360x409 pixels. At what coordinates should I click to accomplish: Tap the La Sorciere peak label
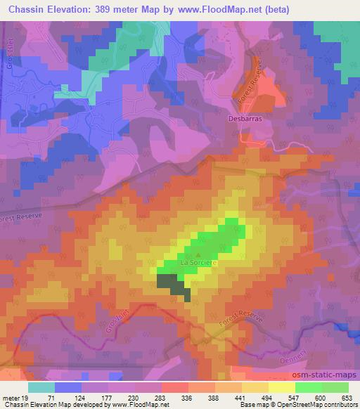click(200, 263)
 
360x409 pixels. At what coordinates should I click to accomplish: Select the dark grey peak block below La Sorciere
click(169, 282)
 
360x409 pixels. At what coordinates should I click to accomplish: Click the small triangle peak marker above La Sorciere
click(198, 254)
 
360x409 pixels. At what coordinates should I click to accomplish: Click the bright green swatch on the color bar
click(309, 387)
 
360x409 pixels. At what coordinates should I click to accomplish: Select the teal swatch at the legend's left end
click(41, 387)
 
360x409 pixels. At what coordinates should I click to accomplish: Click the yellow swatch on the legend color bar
click(282, 387)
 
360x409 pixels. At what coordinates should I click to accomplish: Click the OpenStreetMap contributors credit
click(309, 405)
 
